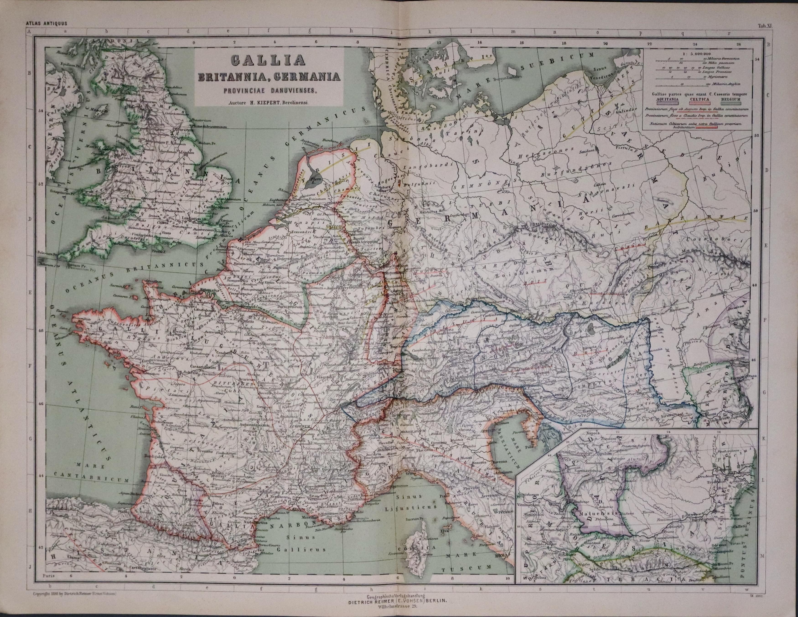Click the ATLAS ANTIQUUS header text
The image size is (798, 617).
click(x=47, y=24)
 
